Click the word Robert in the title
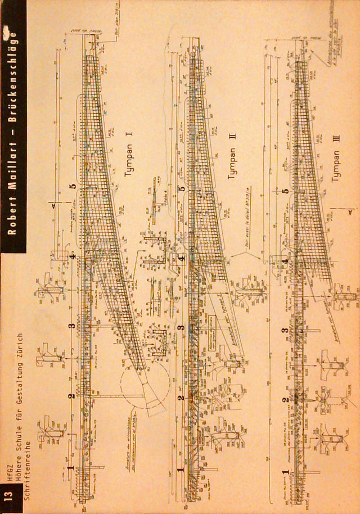click(12, 217)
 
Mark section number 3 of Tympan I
click(71, 326)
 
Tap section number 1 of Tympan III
click(286, 471)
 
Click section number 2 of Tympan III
click(286, 400)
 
